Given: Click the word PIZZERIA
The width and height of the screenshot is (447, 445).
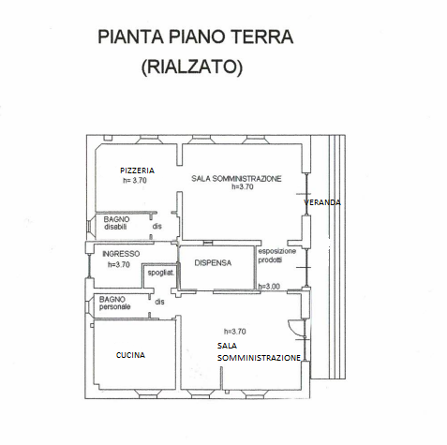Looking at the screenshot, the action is click(x=137, y=171).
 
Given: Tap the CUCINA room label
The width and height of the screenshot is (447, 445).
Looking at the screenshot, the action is click(x=130, y=355).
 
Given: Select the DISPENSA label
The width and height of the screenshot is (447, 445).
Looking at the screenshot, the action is click(x=213, y=263).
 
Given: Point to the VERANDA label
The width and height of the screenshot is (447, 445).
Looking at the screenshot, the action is click(x=322, y=202).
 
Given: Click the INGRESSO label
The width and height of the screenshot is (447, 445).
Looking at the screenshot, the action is click(x=121, y=254).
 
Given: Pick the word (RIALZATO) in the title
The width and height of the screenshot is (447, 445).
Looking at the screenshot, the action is click(x=192, y=67).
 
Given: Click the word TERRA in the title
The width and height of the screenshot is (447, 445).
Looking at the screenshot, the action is click(x=262, y=37).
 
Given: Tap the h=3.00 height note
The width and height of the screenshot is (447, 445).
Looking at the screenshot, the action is click(x=269, y=287).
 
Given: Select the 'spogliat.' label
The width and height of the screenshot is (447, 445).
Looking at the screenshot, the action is click(x=161, y=273).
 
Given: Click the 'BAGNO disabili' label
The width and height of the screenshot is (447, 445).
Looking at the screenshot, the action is click(x=116, y=223).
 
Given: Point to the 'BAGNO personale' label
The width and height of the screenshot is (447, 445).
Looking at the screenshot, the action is click(x=114, y=303).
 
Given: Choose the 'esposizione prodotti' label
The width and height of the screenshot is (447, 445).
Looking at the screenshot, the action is click(x=276, y=255).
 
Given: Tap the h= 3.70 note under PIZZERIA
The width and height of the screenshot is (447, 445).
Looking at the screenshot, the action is click(x=135, y=181).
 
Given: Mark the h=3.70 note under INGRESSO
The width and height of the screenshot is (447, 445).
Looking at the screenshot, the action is click(x=119, y=265).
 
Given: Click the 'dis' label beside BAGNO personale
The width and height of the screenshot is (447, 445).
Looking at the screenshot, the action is click(x=159, y=302).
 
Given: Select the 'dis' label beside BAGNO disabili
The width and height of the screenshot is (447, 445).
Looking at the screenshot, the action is click(x=157, y=226).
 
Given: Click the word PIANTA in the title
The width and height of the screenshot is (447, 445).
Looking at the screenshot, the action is click(x=130, y=37).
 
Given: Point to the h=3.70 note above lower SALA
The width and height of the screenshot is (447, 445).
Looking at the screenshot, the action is click(x=235, y=332).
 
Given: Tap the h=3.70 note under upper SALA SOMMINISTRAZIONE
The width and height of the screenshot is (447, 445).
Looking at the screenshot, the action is click(x=243, y=186).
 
